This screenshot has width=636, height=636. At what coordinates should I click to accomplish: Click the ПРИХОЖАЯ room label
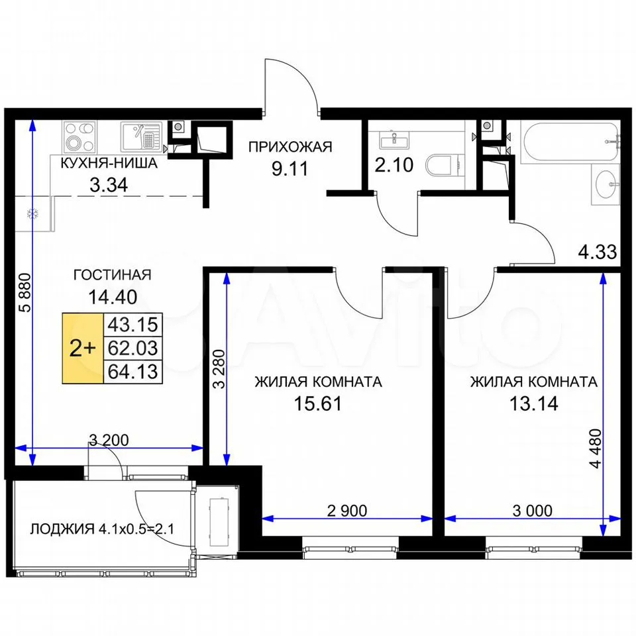290,147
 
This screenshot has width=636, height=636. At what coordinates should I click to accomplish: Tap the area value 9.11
290,168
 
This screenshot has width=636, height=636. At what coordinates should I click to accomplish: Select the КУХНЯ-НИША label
109,163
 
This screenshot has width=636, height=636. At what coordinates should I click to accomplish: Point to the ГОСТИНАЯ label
113,274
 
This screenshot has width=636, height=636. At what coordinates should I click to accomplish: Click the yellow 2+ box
83,348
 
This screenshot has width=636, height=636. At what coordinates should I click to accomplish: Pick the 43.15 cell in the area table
133,325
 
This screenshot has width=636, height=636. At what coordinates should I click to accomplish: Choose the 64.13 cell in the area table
133,372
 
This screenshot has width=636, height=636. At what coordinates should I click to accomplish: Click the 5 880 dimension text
25,292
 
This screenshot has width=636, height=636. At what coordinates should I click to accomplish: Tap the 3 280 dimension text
219,369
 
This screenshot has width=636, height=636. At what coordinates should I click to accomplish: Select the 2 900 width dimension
346,511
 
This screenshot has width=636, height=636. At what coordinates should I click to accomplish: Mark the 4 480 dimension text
596,449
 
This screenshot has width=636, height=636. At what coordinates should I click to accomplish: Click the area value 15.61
317,403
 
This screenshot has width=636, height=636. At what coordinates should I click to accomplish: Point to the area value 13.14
533,403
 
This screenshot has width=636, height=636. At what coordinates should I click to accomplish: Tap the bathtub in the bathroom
571,143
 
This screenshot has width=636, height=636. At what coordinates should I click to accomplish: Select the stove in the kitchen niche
80,137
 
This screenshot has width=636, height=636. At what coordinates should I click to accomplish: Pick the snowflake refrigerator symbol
33,214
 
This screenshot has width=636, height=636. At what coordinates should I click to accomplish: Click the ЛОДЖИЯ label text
62,529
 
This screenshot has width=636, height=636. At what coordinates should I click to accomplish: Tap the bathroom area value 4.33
598,252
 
